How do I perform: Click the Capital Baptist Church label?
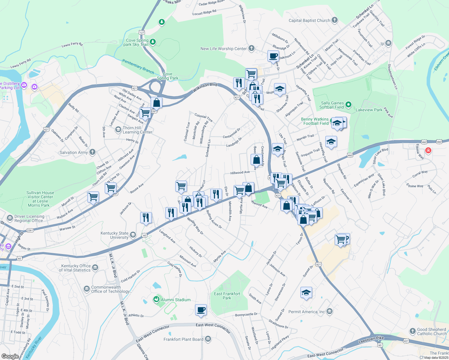point(309,20)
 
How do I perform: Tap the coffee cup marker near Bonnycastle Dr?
point(201,310)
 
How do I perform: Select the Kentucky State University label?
point(114,235)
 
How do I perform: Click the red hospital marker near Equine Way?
point(428,150)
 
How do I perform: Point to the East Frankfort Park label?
point(227,296)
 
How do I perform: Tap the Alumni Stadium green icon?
point(156,299)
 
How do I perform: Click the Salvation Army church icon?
point(92,152)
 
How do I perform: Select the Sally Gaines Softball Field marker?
point(348,105)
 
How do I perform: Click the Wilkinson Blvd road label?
point(205,87)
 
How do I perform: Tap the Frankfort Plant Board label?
point(183,339)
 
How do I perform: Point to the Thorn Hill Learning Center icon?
point(118,130)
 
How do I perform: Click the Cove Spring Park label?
point(167,76)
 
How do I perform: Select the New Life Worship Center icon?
point(252,48)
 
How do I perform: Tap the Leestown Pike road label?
point(371,340)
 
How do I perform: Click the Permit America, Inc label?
point(306,312)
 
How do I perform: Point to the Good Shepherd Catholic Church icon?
point(413,331)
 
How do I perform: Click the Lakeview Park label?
point(369,110)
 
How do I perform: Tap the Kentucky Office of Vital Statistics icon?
point(95,267)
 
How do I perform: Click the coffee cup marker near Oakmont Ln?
point(273,56)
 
